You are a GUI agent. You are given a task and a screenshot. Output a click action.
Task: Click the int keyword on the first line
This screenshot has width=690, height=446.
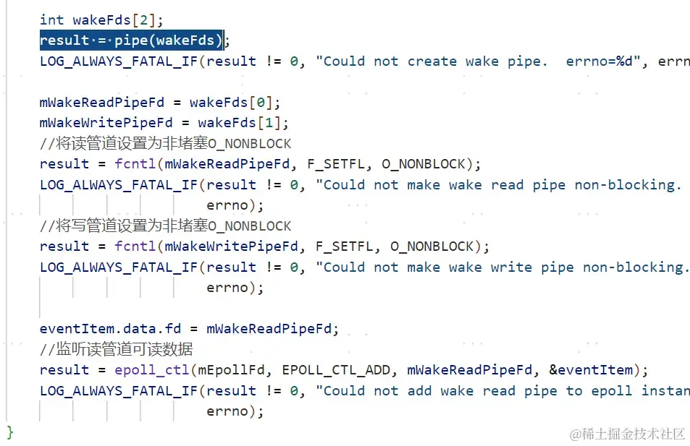pyautogui.click(x=51, y=20)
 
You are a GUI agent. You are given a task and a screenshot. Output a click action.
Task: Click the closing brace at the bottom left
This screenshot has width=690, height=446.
pyautogui.click(x=10, y=432)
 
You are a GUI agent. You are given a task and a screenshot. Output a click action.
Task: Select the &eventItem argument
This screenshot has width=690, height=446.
pyautogui.click(x=591, y=370)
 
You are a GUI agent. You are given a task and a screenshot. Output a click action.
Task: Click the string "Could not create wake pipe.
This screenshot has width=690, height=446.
pyautogui.click(x=432, y=61)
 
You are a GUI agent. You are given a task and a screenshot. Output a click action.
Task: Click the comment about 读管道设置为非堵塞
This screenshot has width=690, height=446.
pyautogui.click(x=166, y=143)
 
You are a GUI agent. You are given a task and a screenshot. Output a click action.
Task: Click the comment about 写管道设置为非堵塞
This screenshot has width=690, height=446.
pyautogui.click(x=166, y=226)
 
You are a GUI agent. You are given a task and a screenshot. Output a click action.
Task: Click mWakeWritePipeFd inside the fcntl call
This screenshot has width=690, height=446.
pyautogui.click(x=232, y=246)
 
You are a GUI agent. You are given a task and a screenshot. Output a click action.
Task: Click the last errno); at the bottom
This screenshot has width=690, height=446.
pyautogui.click(x=235, y=411)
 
